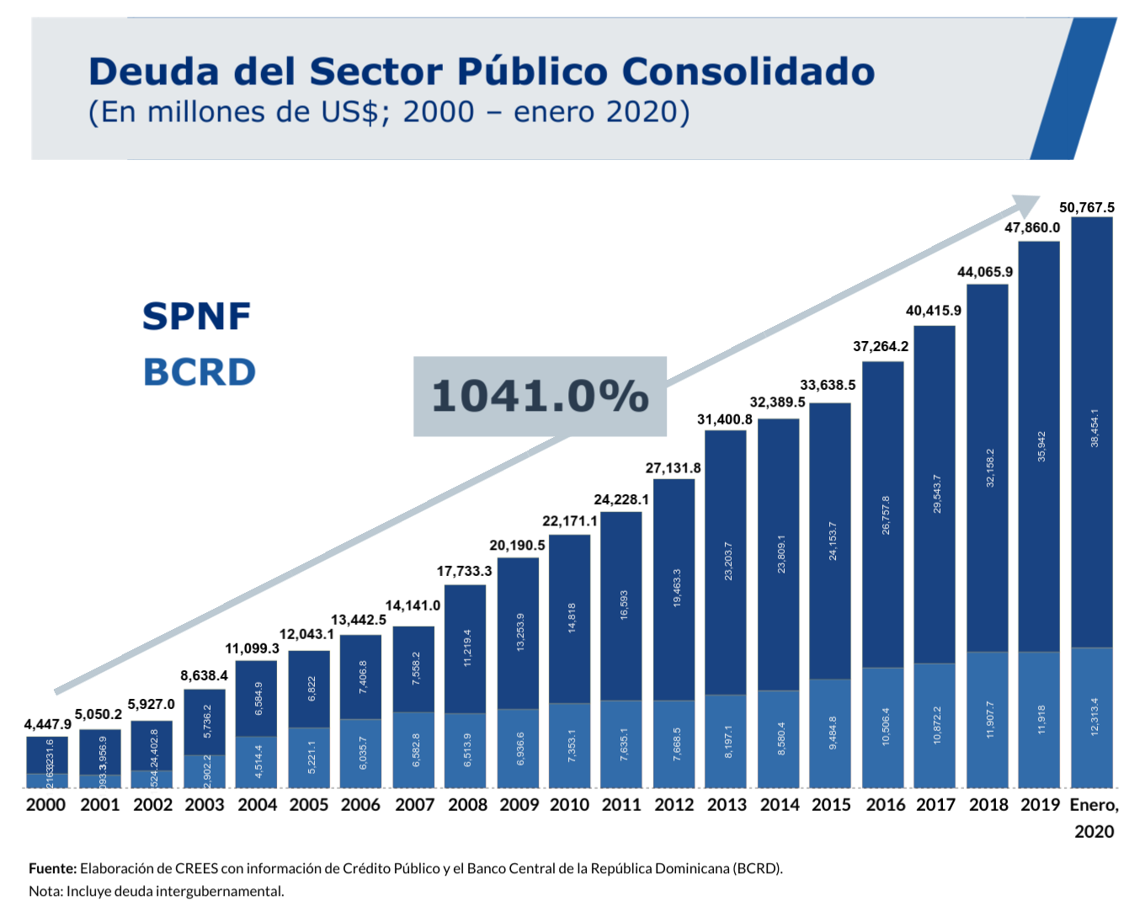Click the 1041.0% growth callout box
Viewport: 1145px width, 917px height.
coord(540,396)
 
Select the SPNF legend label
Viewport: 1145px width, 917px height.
coord(197,317)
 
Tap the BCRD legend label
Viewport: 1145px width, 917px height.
coord(200,372)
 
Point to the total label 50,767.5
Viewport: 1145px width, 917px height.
coord(1086,207)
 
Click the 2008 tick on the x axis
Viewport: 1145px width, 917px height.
coord(467,805)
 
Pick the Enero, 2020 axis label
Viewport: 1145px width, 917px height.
coord(1094,817)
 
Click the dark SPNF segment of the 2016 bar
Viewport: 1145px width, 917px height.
coord(883,514)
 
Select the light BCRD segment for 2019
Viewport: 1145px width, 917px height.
coord(1039,719)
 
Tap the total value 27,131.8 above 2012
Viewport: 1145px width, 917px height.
coord(673,468)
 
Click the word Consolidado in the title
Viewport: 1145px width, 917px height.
coord(748,72)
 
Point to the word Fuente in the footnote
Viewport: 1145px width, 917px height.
coord(52,868)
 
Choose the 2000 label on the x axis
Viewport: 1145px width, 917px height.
coord(45,805)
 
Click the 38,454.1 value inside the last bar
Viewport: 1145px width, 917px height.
coord(1094,428)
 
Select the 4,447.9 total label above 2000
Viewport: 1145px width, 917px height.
coord(47,724)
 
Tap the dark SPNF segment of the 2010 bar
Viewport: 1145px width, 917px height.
coord(569,619)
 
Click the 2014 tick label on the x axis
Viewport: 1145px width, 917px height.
coord(780,805)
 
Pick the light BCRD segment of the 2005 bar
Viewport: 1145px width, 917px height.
coord(309,757)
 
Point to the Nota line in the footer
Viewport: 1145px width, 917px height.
coord(156,891)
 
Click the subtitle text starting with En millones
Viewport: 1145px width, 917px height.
coord(389,112)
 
